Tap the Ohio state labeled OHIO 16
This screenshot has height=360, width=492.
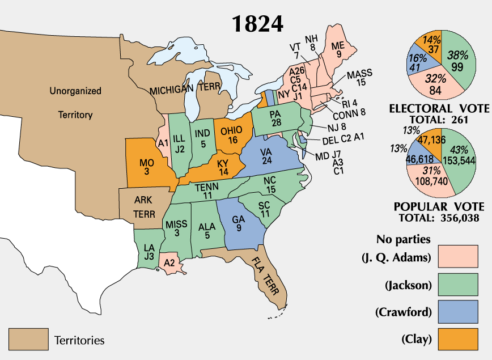[232, 134]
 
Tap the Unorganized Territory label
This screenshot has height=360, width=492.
[75, 103]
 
